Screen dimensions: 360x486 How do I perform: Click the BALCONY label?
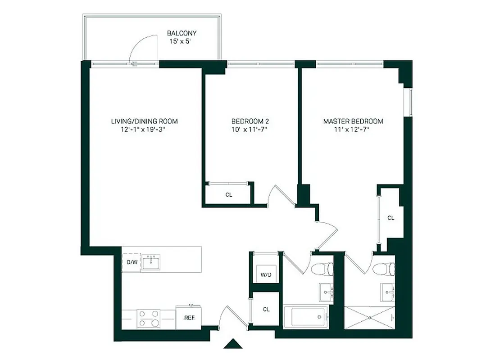tap(182, 33)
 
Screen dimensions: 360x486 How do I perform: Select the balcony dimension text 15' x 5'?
tap(182, 41)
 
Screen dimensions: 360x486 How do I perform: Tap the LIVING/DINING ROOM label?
tap(144, 121)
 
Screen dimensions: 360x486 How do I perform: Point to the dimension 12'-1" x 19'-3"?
tap(144, 130)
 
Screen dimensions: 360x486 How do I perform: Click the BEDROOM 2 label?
tap(250, 121)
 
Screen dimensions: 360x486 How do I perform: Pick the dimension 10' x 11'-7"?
tap(250, 130)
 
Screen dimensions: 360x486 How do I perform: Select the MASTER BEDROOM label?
tap(353, 121)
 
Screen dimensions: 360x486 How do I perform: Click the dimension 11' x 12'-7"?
tap(353, 130)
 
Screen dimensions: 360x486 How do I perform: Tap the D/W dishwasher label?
tap(132, 262)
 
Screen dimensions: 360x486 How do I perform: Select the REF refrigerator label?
tap(189, 317)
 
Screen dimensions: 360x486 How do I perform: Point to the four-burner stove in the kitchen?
tap(149, 318)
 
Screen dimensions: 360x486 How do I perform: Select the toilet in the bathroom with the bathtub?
tap(322, 269)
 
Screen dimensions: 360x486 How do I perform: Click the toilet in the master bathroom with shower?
tap(383, 269)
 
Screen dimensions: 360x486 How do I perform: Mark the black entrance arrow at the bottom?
tap(233, 344)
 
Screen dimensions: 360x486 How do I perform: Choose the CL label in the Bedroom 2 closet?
tap(229, 195)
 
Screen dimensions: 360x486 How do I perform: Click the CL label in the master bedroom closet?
tap(391, 218)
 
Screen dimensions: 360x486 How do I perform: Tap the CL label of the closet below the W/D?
tap(266, 309)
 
